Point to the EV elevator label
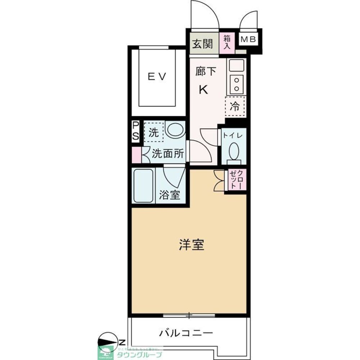coord(157,76)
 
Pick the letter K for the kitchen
coord(203,90)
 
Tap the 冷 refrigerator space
coord(235,106)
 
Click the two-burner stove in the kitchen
coord(237,84)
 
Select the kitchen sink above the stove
coord(237,65)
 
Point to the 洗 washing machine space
coord(153,132)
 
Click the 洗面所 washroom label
coord(168,154)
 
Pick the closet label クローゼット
coord(237,180)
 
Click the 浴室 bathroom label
coord(170,195)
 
